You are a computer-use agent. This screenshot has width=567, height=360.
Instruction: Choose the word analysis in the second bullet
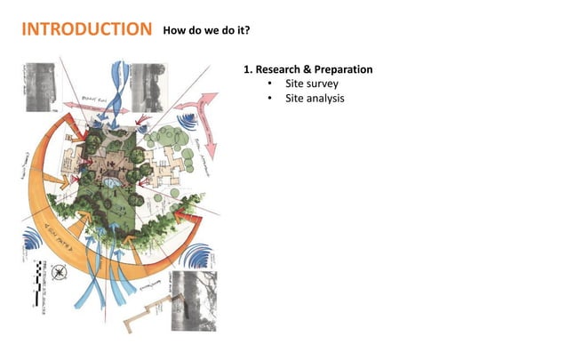[325, 98]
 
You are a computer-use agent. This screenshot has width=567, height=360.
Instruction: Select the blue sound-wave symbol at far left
[33, 239]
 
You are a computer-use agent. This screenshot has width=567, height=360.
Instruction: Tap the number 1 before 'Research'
[246, 69]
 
